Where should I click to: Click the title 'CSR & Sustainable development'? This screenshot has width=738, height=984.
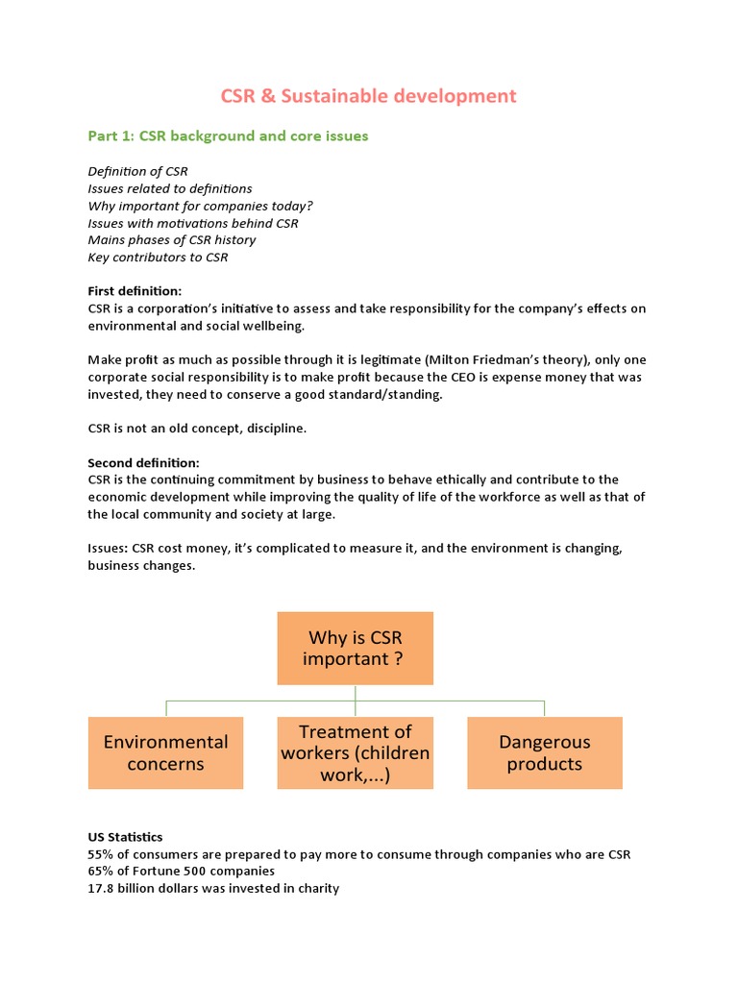369,96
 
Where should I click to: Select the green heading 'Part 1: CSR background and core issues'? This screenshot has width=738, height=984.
228,136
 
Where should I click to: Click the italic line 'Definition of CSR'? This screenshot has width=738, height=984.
137,171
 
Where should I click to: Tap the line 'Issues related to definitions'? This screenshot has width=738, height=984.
170,188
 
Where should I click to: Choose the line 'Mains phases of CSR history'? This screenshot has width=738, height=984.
172,240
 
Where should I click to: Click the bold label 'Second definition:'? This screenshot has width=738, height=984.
143,462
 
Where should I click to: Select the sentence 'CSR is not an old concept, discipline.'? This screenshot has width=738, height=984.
197,428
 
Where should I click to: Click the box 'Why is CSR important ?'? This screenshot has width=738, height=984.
355,648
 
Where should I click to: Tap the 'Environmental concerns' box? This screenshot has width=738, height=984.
165,752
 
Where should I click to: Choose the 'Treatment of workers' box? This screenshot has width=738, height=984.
355,752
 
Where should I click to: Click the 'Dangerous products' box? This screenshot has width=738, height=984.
544,752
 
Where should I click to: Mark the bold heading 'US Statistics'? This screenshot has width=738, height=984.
125,837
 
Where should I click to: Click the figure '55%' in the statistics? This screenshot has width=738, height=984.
101,854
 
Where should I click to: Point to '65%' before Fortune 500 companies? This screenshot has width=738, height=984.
101,872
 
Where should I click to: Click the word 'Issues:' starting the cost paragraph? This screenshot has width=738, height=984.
110,548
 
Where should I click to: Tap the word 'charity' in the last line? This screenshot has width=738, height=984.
318,889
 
